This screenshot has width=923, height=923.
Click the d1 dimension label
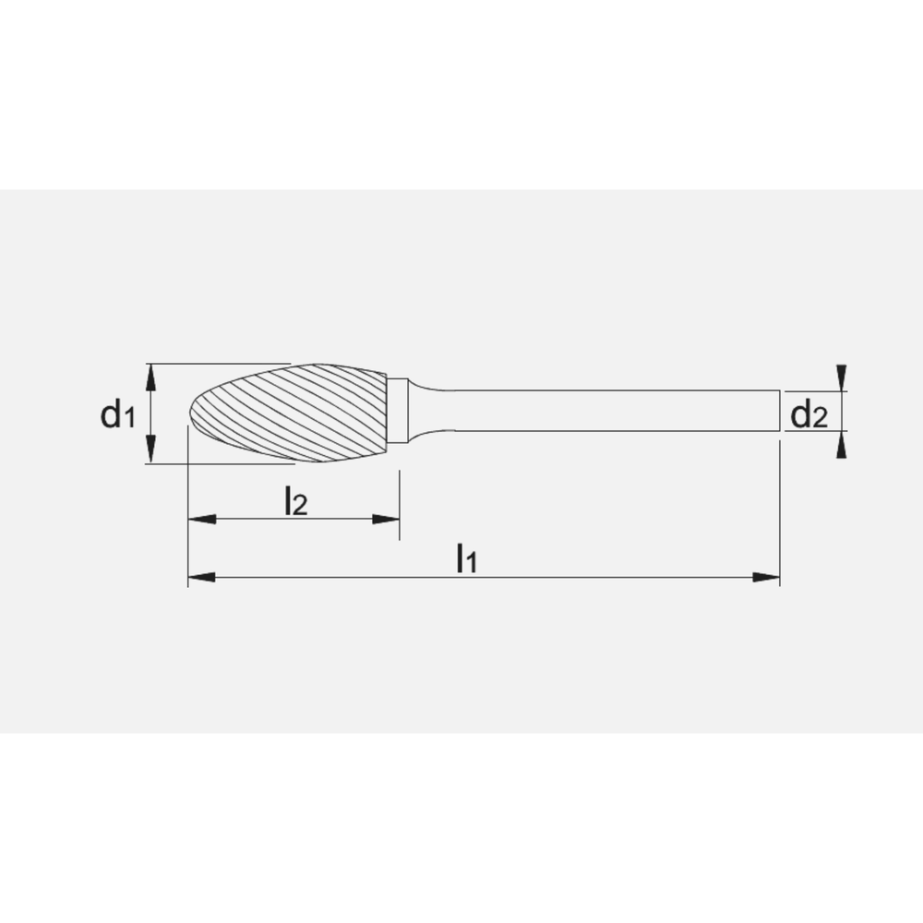(x=117, y=415)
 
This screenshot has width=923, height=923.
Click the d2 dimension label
(x=809, y=416)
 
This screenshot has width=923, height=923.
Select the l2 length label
(x=294, y=501)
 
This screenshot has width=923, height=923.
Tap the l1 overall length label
(x=467, y=558)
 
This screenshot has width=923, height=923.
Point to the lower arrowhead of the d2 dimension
(x=841, y=446)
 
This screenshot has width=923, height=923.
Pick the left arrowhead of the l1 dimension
(x=201, y=578)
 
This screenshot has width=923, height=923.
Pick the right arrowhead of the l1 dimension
(x=766, y=578)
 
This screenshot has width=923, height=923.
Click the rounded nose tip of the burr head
(x=192, y=416)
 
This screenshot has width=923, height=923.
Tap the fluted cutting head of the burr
(x=295, y=413)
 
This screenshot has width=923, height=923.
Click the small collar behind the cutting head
(x=398, y=411)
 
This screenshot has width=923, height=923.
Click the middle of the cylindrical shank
(x=609, y=411)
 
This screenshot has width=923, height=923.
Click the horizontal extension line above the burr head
(x=222, y=363)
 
